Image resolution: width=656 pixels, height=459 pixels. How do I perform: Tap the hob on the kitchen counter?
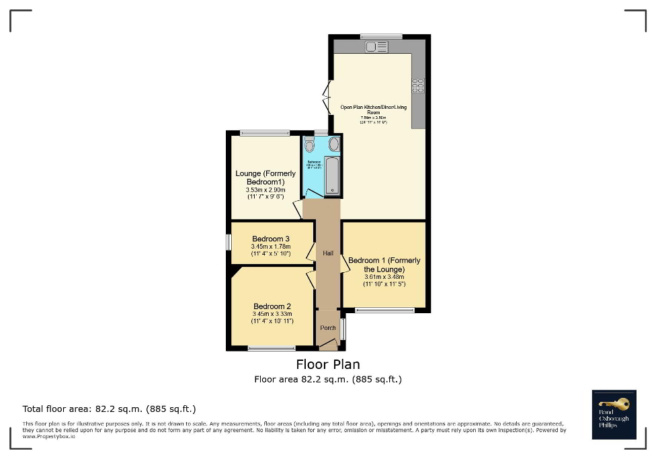[417, 85]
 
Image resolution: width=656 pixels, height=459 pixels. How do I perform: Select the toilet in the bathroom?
[309, 144]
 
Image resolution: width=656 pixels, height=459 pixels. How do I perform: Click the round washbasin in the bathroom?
[333, 143]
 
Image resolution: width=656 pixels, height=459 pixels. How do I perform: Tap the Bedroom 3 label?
[271, 239]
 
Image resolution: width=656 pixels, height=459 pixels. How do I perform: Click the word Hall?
[328, 253]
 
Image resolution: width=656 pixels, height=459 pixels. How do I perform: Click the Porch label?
[327, 328]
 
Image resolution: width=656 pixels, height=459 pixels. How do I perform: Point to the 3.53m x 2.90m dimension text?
[265, 190]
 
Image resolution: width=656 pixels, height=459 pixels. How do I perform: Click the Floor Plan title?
[328, 364]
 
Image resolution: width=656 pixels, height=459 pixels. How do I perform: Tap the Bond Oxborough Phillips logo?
[614, 414]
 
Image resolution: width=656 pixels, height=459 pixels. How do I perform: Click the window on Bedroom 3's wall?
[228, 242]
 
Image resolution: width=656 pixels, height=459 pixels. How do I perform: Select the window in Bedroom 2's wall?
[271, 348]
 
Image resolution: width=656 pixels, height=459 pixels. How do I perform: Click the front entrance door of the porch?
[328, 345]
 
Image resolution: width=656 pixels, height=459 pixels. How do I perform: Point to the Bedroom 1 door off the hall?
[345, 264]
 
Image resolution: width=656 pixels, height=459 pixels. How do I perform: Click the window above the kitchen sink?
[380, 36]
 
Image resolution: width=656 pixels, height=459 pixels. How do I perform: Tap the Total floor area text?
[109, 409]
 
